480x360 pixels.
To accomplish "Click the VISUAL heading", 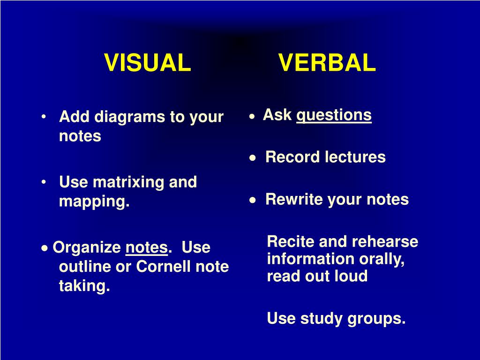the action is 148,63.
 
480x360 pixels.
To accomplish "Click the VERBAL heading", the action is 327,63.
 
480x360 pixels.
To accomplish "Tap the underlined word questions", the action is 334,116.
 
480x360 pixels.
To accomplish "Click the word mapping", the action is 94,202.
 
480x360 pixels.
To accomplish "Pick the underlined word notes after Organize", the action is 147,247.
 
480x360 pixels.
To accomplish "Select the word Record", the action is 292,157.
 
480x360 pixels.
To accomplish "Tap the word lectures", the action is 355,157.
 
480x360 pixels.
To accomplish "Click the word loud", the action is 351,276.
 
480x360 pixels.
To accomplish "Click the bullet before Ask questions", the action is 252,117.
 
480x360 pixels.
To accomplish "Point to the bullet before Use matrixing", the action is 44,182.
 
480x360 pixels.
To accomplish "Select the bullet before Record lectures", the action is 252,158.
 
